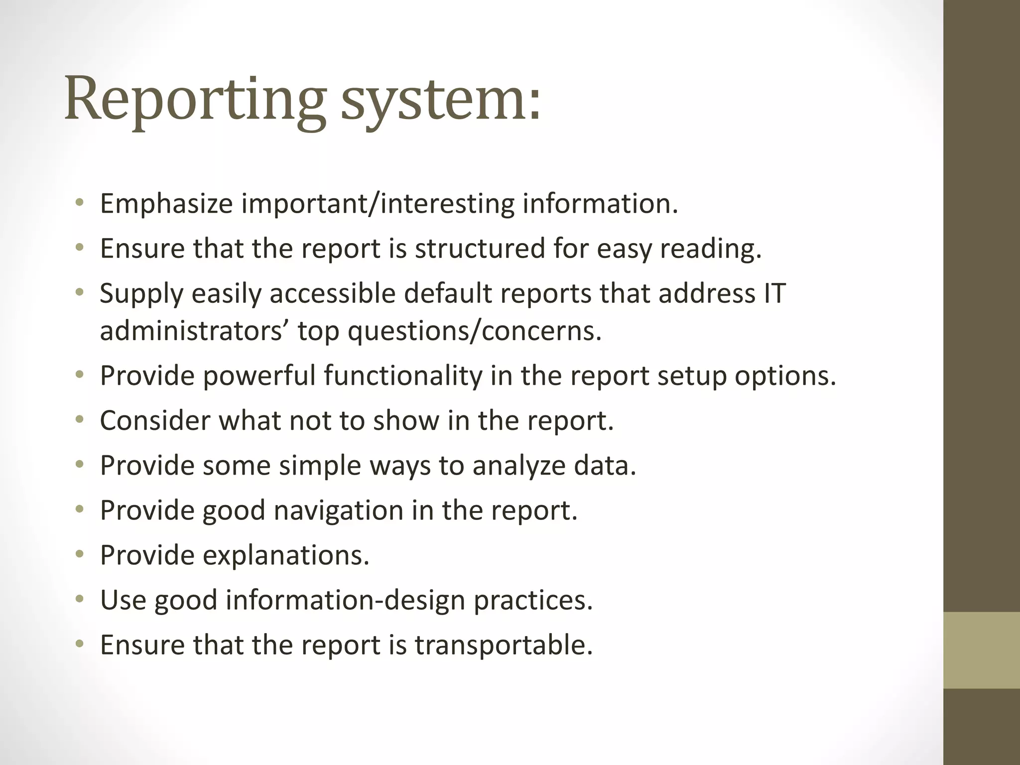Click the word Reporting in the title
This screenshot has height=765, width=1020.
[x=194, y=100]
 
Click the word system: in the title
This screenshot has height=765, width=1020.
[x=441, y=100]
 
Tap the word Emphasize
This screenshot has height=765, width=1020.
[x=166, y=204]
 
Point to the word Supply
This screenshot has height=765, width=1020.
[x=141, y=293]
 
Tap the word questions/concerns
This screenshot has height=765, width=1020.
[x=475, y=331]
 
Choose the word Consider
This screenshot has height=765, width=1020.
[x=155, y=420]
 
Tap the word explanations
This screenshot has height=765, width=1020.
[x=286, y=555]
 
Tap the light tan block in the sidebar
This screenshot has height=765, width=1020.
[x=982, y=650]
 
